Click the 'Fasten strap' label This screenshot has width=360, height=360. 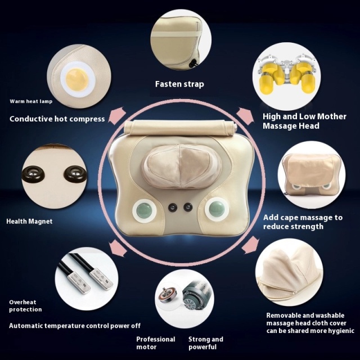point(179,84)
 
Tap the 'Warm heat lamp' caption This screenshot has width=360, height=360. point(31,101)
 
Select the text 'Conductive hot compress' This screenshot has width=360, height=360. point(57,119)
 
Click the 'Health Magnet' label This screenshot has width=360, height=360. point(29,221)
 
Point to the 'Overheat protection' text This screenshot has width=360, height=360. point(25,305)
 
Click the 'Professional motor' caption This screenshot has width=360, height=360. point(156,343)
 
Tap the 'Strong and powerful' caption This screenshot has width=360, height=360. point(206,343)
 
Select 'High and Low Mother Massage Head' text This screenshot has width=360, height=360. point(304,121)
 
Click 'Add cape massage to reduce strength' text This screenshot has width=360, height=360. point(303,222)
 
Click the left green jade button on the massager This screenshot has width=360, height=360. point(144,210)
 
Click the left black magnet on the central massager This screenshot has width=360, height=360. point(173,208)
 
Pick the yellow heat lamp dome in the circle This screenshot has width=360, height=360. point(76,79)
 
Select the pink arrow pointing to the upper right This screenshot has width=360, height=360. point(245,116)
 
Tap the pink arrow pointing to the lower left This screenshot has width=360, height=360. point(118,248)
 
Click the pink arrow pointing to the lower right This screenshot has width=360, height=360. point(250,245)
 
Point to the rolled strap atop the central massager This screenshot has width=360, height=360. point(181,128)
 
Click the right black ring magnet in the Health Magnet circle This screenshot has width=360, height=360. point(75,173)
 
